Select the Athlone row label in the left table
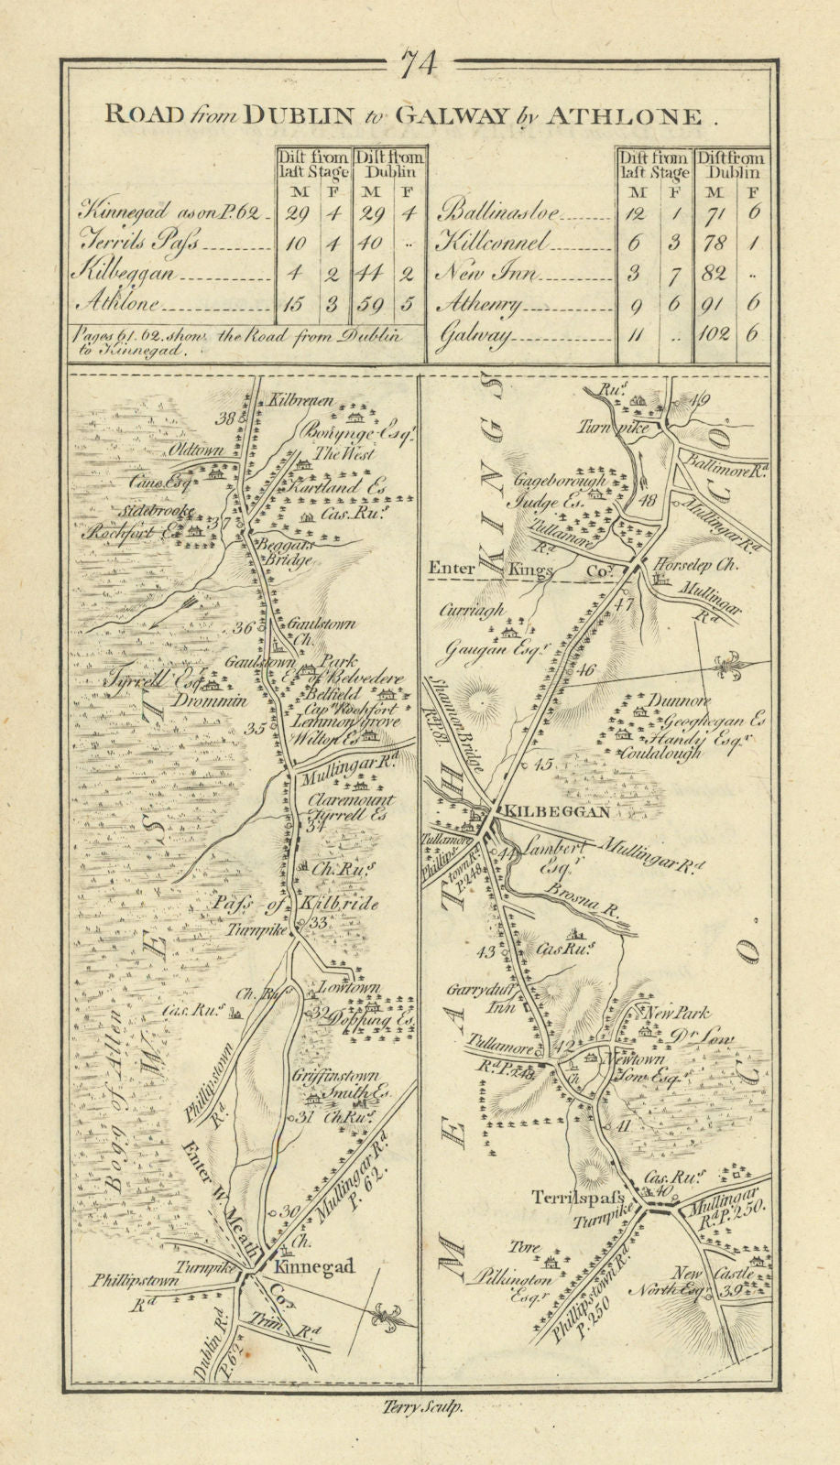click(121, 304)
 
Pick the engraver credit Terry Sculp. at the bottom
click(420, 1411)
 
